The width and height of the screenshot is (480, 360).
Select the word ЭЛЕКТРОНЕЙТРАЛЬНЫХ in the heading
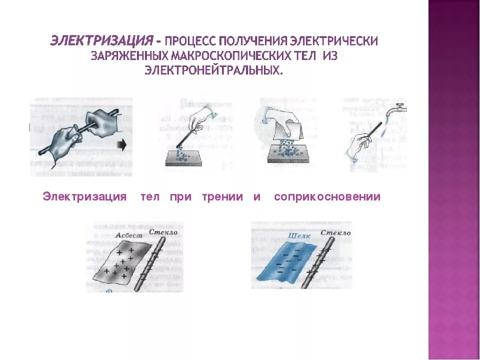click(x=214, y=70)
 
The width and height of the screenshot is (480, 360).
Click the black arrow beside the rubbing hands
click(x=121, y=145)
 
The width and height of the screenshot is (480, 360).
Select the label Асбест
click(x=128, y=235)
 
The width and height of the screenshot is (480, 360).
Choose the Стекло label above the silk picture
click(x=335, y=232)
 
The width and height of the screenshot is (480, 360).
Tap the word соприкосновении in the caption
click(x=327, y=197)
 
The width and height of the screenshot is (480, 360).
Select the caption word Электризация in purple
click(x=84, y=197)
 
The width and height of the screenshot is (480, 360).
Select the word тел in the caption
click(x=150, y=197)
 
